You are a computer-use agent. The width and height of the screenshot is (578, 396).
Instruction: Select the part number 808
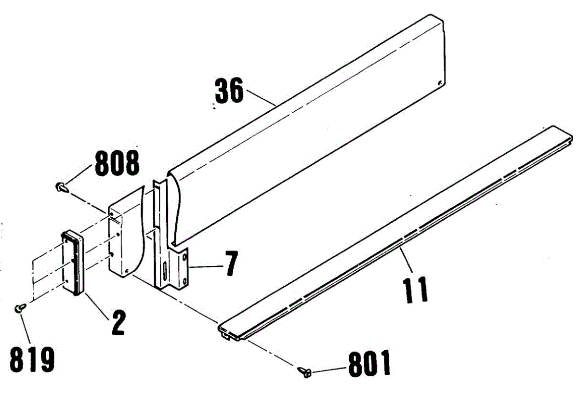[x=117, y=164]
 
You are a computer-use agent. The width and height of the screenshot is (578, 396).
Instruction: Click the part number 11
[x=416, y=289]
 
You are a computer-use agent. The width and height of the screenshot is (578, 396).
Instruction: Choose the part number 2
[x=117, y=322]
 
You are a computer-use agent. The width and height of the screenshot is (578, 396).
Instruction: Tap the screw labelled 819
[x=20, y=307]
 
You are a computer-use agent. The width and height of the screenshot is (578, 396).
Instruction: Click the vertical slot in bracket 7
[x=165, y=272]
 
